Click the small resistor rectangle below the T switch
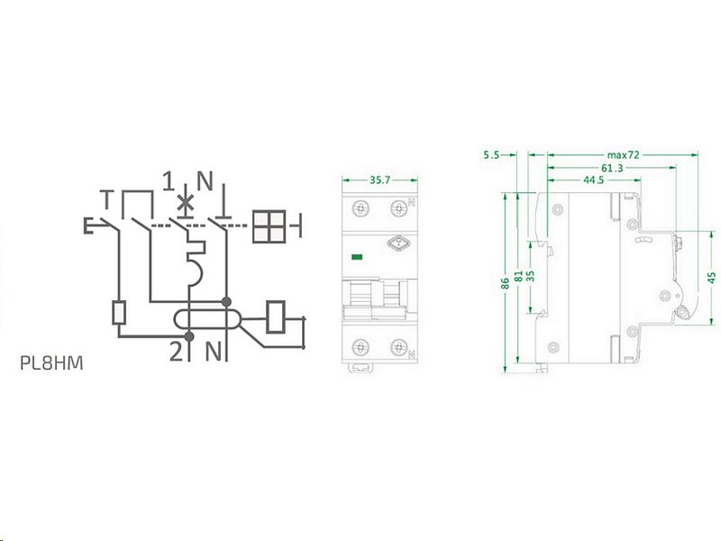(x=119, y=313)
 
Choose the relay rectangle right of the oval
(x=278, y=315)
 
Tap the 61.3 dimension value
(x=611, y=168)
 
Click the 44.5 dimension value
(x=593, y=180)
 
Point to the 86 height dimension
(x=507, y=281)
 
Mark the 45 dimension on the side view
(x=712, y=277)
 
